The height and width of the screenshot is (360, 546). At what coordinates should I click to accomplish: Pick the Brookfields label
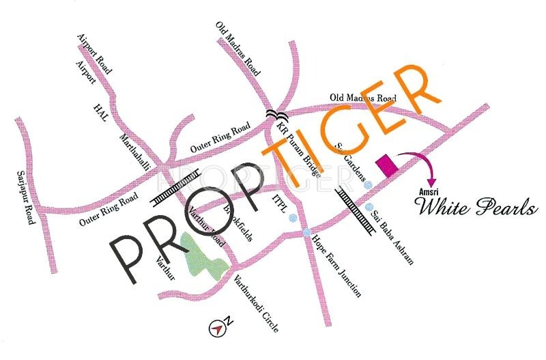pyautogui.click(x=239, y=223)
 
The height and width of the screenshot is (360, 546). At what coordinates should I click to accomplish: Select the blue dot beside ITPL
pyautogui.click(x=293, y=219)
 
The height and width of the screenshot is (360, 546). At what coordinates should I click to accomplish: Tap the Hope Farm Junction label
pyautogui.click(x=336, y=266)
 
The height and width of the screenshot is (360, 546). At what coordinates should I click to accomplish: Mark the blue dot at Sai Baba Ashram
pyautogui.click(x=369, y=206)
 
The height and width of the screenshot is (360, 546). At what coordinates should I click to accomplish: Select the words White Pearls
pyautogui.click(x=477, y=208)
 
